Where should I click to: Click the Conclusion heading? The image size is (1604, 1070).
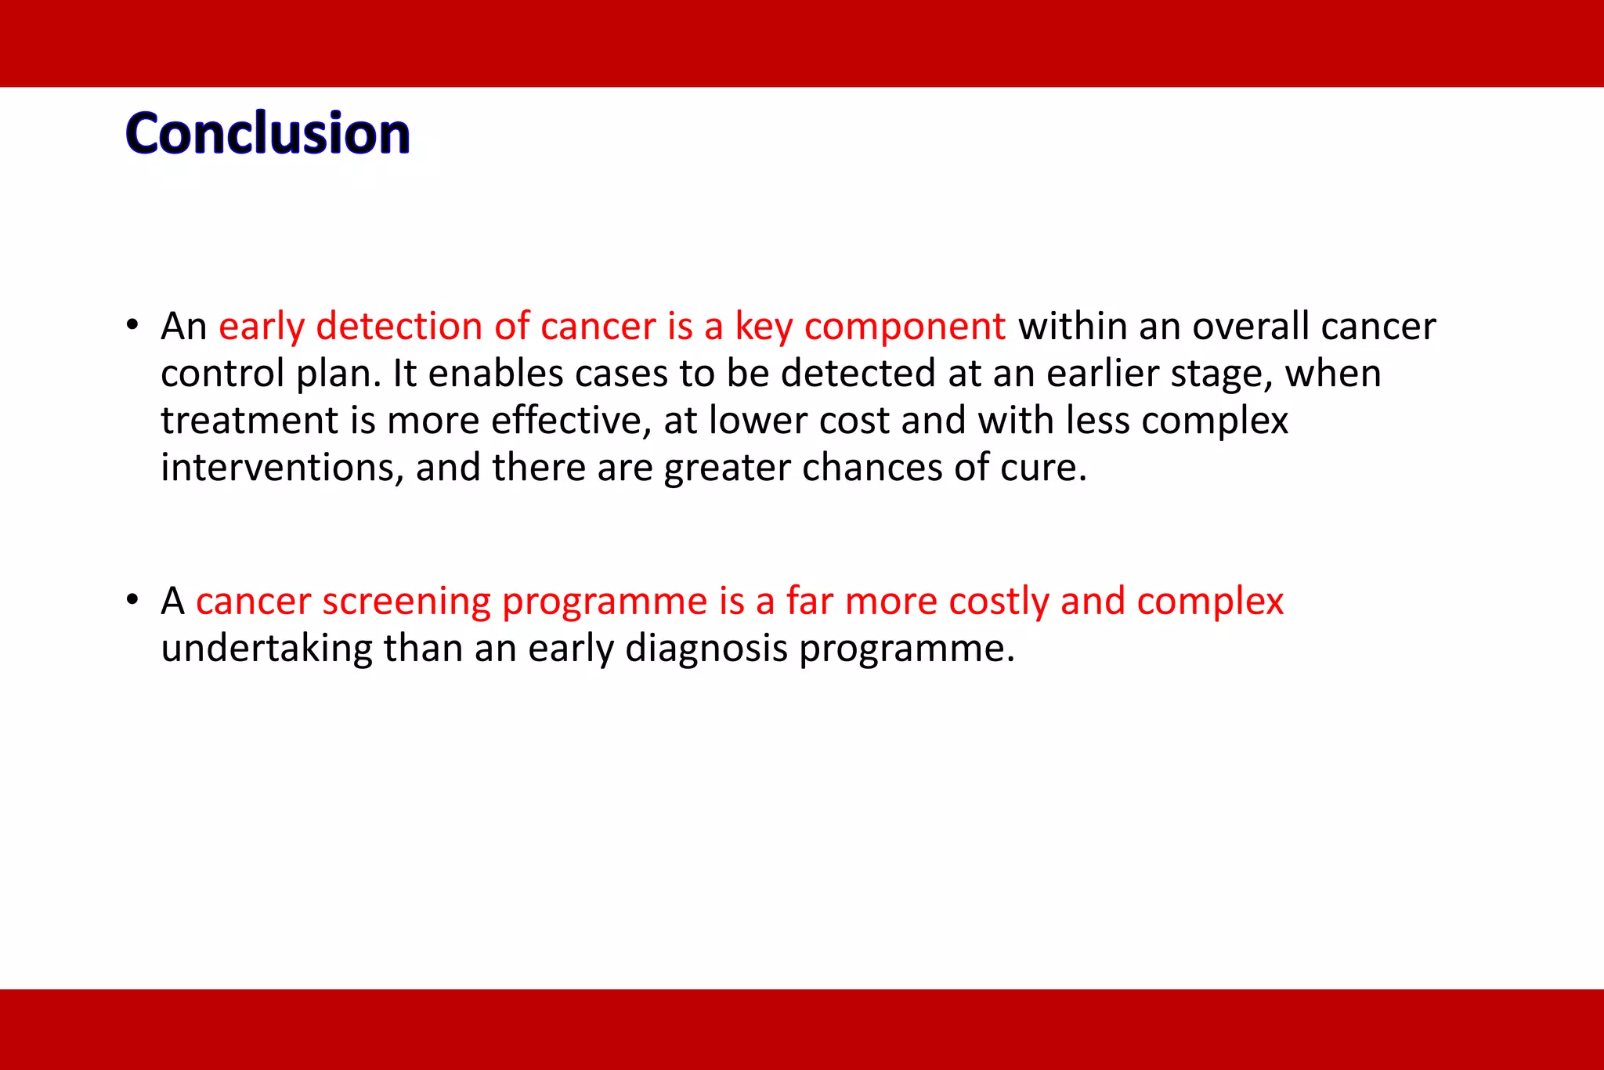[x=267, y=133]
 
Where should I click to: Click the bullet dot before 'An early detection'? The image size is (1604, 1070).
[x=132, y=324]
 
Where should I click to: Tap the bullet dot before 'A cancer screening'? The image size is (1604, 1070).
[x=132, y=600]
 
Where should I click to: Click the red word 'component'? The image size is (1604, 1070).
[x=905, y=327]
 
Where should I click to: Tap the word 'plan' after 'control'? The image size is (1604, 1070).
[x=338, y=374]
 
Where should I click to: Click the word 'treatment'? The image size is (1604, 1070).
[x=249, y=421]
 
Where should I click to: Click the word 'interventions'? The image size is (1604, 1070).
[x=282, y=468]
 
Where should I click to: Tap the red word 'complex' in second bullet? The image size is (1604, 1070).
[x=1210, y=602]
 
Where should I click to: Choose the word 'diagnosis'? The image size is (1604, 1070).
[x=706, y=649]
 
